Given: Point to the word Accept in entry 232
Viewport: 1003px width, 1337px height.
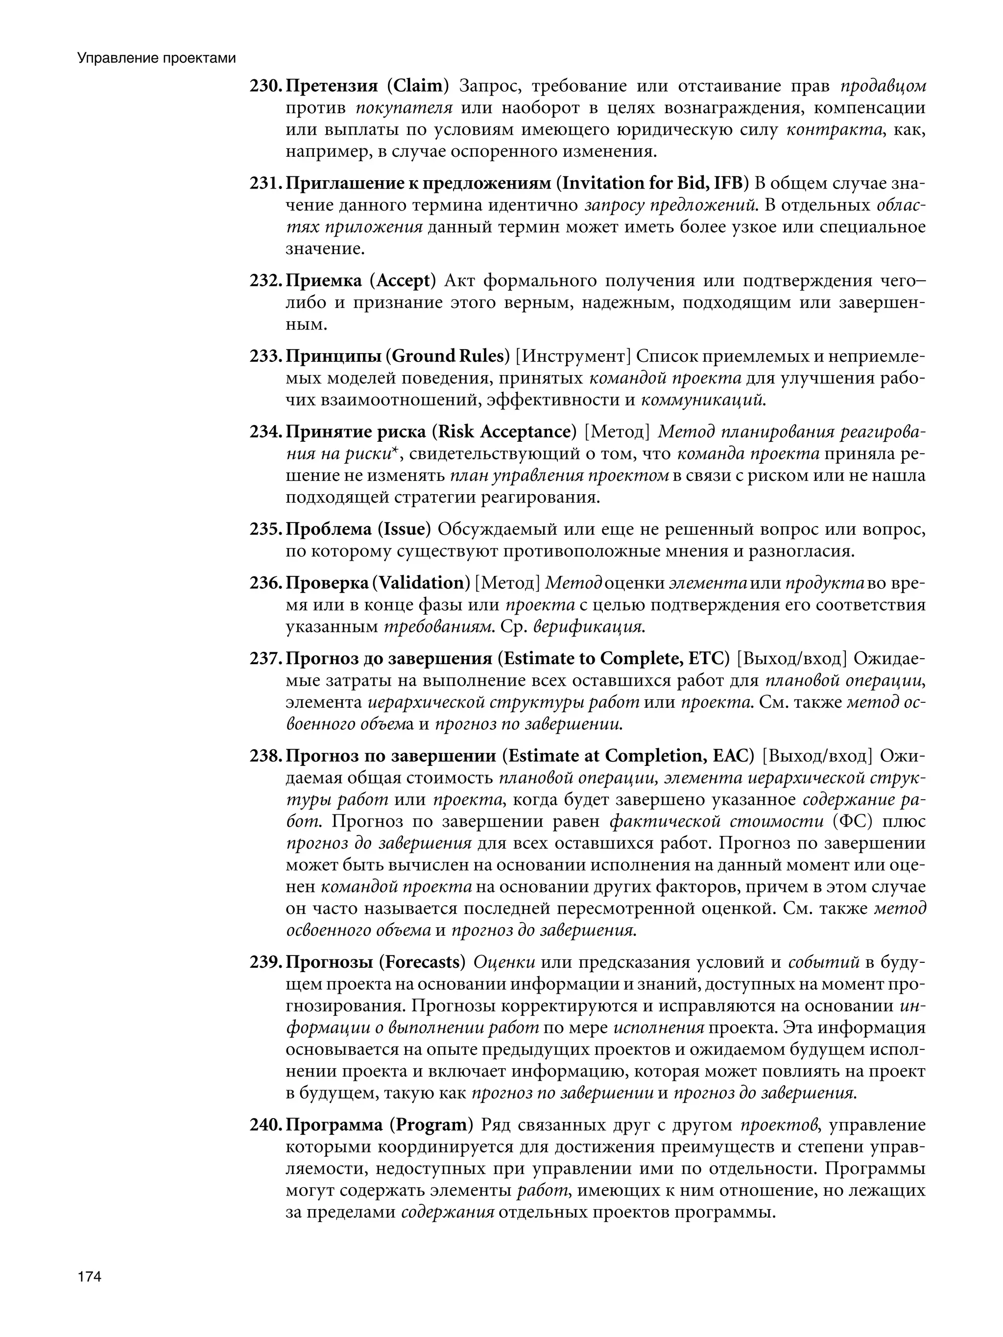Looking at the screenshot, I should point(405,281).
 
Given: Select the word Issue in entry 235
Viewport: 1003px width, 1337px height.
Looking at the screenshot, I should point(405,529).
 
